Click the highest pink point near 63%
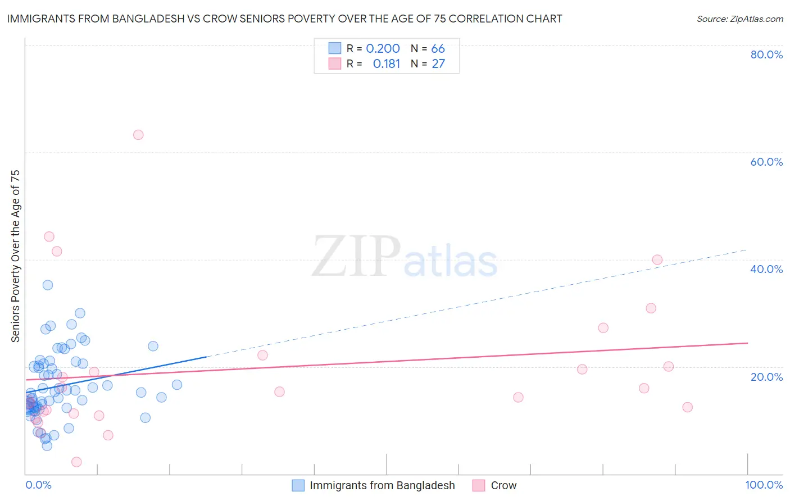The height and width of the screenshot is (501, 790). (x=138, y=135)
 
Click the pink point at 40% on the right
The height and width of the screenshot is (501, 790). (x=657, y=259)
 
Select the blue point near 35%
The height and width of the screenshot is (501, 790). (x=48, y=285)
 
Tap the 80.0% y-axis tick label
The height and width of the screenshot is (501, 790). (x=766, y=54)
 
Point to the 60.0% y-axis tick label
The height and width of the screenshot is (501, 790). (x=766, y=162)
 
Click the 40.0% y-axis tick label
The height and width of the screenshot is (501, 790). (x=766, y=269)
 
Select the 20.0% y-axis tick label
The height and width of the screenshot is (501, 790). (x=766, y=376)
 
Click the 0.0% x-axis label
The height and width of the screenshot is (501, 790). (x=38, y=485)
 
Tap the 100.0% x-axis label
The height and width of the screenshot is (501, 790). (x=764, y=485)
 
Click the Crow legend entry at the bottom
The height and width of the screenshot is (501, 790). (x=503, y=485)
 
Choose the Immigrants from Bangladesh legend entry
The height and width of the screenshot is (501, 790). (x=382, y=485)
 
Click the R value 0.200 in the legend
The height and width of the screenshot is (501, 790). (x=383, y=49)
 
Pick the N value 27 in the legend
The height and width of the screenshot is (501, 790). (x=438, y=64)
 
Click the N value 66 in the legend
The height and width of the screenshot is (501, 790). (x=438, y=49)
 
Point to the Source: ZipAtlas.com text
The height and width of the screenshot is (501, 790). (x=739, y=19)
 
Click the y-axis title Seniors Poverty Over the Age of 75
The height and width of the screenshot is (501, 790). (x=16, y=256)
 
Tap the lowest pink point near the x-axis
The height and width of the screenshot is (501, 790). (x=76, y=462)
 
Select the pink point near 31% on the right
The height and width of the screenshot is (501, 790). (x=651, y=308)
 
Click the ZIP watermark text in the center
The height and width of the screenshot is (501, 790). (x=356, y=257)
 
